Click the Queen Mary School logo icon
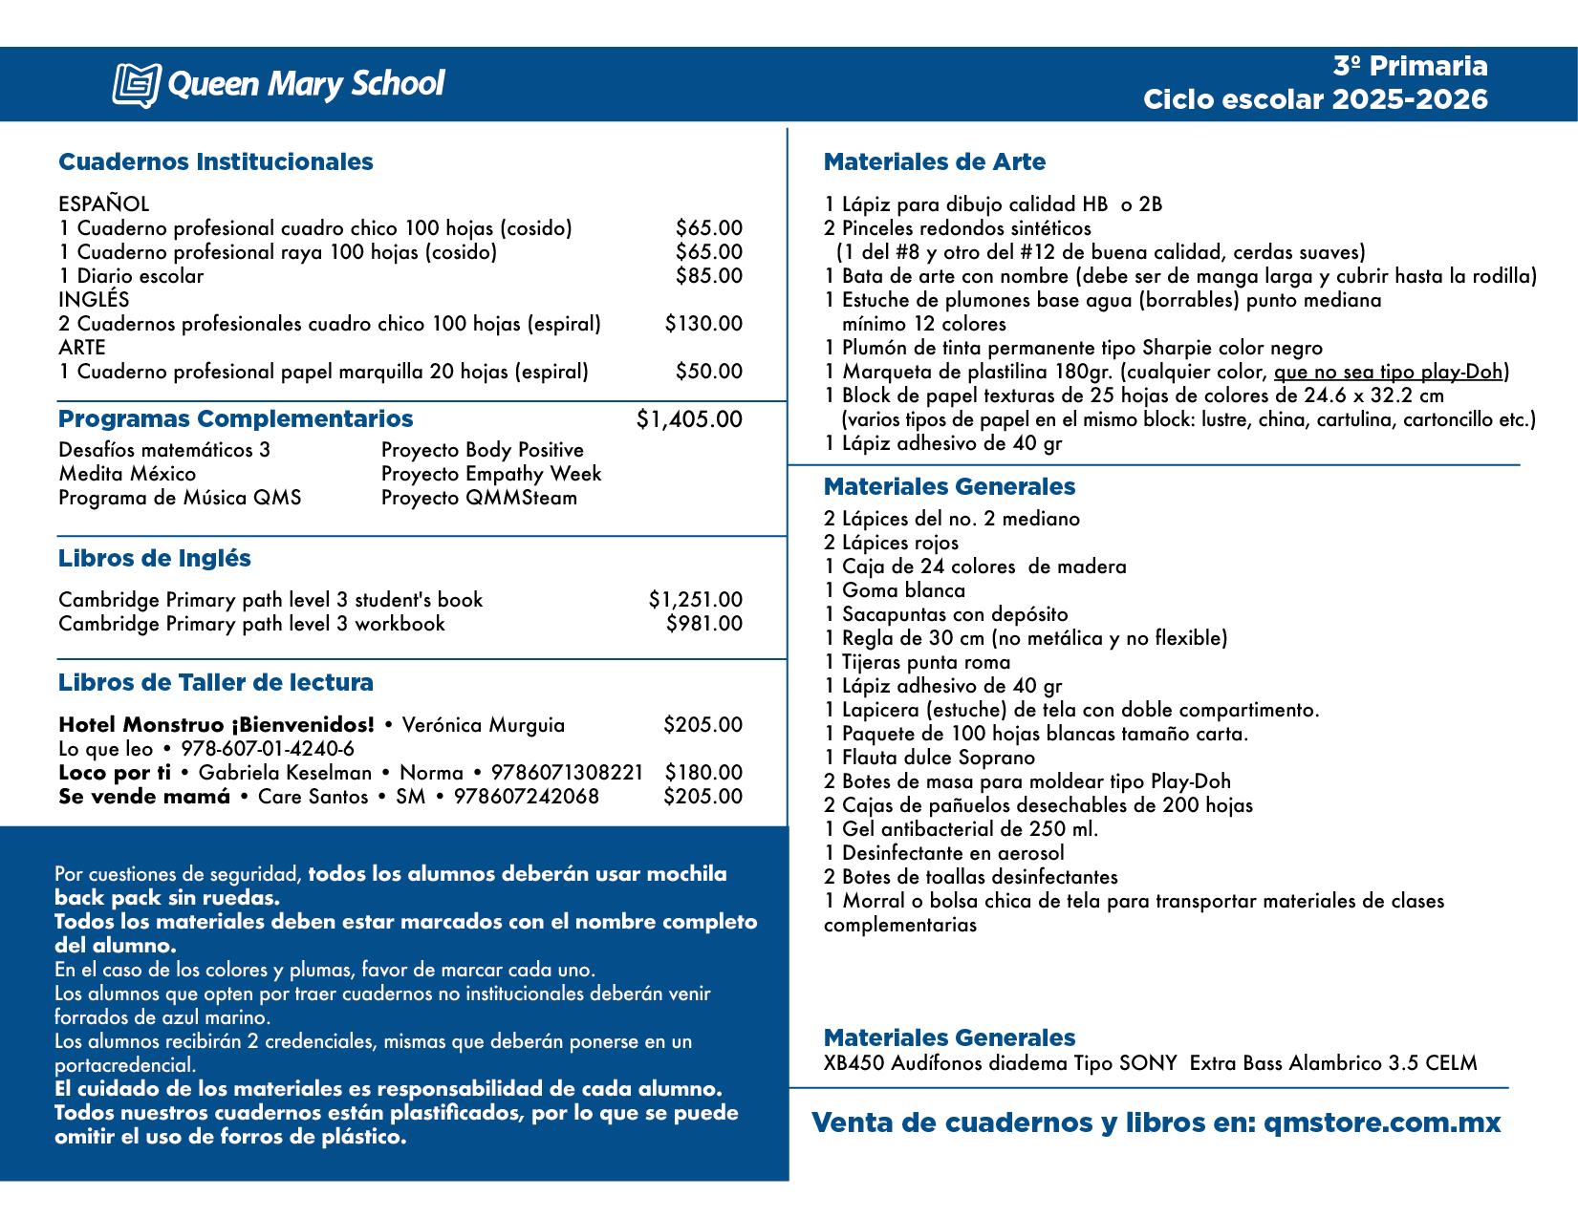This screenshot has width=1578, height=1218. click(136, 85)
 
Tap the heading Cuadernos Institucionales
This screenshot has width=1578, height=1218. click(215, 161)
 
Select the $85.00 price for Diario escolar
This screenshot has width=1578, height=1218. click(708, 276)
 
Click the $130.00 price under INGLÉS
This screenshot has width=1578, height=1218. click(703, 324)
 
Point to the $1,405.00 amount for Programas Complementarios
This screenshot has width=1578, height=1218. click(688, 419)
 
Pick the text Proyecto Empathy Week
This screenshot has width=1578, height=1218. click(491, 474)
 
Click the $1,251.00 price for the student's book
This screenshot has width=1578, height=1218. click(695, 600)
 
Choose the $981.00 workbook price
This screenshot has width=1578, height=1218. click(703, 624)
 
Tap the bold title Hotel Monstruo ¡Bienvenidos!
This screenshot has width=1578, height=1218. click(216, 725)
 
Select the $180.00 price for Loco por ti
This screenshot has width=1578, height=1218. click(703, 773)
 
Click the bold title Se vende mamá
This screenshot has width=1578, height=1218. click(144, 797)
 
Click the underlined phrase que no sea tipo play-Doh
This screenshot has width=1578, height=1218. click(1391, 372)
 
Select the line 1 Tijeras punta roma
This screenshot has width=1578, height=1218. click(917, 662)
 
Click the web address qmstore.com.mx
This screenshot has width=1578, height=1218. click(1382, 1122)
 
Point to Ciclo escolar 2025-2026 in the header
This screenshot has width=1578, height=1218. click(1315, 99)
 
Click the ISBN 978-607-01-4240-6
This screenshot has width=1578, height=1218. click(268, 749)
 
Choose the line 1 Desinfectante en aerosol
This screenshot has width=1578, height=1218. click(943, 853)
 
